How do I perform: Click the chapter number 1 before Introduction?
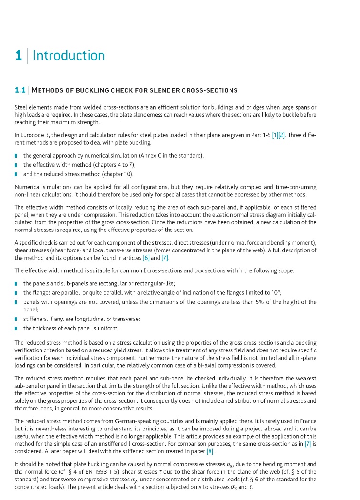[18, 56]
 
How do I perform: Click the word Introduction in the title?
[69, 56]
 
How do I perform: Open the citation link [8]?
[210, 451]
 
